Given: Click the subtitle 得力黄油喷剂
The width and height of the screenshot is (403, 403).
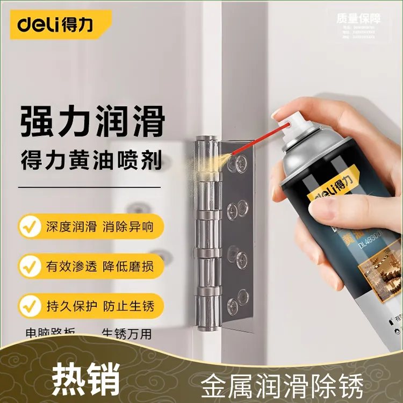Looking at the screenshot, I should tap(92, 160).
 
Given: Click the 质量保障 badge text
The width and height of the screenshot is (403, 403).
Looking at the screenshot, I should tap(358, 18).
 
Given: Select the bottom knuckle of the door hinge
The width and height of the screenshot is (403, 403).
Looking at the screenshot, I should tap(208, 312).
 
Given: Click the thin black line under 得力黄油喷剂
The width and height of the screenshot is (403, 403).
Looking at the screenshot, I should tap(89, 188).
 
